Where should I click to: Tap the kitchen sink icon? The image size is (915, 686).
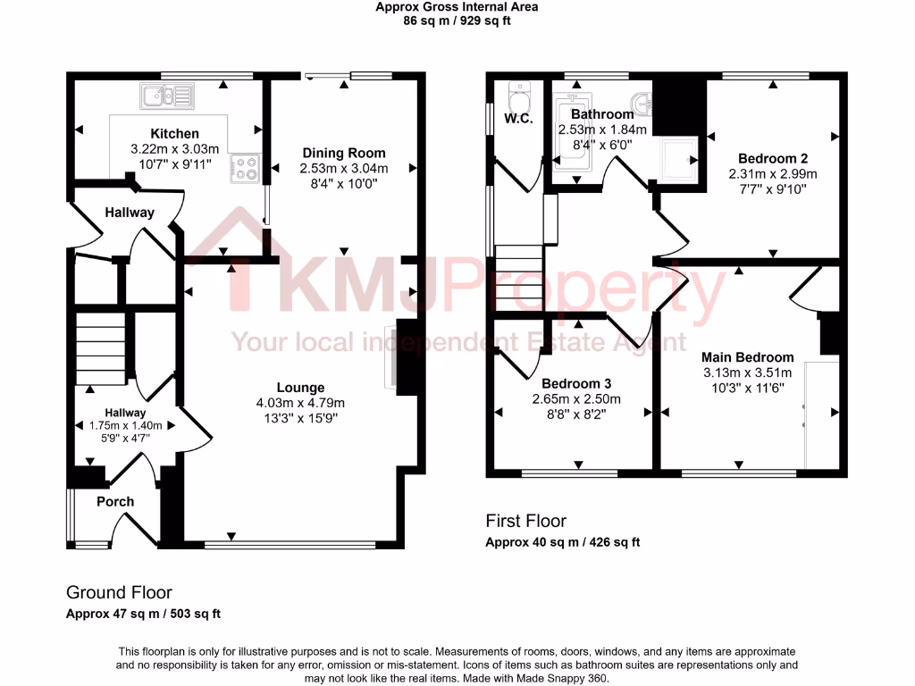pyautogui.click(x=166, y=94)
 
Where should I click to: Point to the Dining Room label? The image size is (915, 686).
pyautogui.click(x=344, y=153)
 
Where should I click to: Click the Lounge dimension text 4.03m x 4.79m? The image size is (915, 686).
pyautogui.click(x=300, y=403)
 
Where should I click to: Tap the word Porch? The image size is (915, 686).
pyautogui.click(x=115, y=502)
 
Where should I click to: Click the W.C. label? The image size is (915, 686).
pyautogui.click(x=518, y=119)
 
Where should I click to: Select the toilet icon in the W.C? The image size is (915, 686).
pyautogui.click(x=517, y=92)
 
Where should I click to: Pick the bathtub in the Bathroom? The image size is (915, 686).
pyautogui.click(x=567, y=134)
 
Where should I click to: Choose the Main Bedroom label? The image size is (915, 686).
pyautogui.click(x=747, y=357)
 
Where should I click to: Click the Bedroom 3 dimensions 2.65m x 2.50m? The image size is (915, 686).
pyautogui.click(x=576, y=399)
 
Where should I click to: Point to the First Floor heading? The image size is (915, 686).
pyautogui.click(x=525, y=521)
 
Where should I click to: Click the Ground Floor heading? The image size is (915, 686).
pyautogui.click(x=119, y=592)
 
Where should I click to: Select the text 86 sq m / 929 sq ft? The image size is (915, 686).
pyautogui.click(x=457, y=21)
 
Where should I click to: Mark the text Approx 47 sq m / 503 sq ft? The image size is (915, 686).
pyautogui.click(x=143, y=614)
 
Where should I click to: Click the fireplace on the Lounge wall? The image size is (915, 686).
pyautogui.click(x=390, y=357)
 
